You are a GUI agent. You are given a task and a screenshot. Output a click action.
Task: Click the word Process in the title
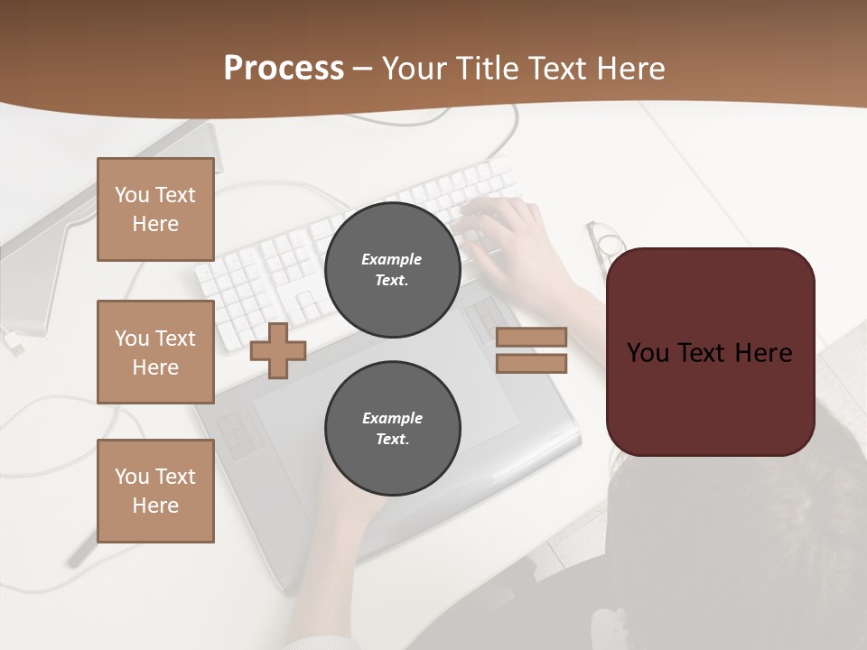(284, 69)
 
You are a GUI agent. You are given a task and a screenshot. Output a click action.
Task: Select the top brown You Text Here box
(155, 209)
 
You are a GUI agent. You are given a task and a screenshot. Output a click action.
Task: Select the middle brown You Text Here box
(155, 352)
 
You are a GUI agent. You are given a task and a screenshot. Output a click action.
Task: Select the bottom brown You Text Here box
(155, 491)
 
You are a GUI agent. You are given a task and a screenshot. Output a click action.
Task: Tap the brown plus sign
(278, 350)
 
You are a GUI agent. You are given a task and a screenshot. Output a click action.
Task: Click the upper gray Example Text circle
(392, 270)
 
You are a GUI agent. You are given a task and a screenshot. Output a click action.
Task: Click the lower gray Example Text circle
(392, 429)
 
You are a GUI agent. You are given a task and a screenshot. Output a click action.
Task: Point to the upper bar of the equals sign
(531, 337)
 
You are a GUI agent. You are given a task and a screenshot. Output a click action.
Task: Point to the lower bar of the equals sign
(531, 363)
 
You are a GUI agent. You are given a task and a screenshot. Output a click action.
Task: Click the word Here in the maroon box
(763, 353)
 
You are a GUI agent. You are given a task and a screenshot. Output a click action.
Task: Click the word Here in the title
(629, 69)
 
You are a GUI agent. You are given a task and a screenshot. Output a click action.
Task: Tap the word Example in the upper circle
(391, 259)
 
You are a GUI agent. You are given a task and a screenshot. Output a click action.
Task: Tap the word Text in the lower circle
(391, 440)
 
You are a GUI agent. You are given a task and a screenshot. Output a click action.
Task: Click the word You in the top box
(132, 195)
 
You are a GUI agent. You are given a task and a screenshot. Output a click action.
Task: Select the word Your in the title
(415, 69)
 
